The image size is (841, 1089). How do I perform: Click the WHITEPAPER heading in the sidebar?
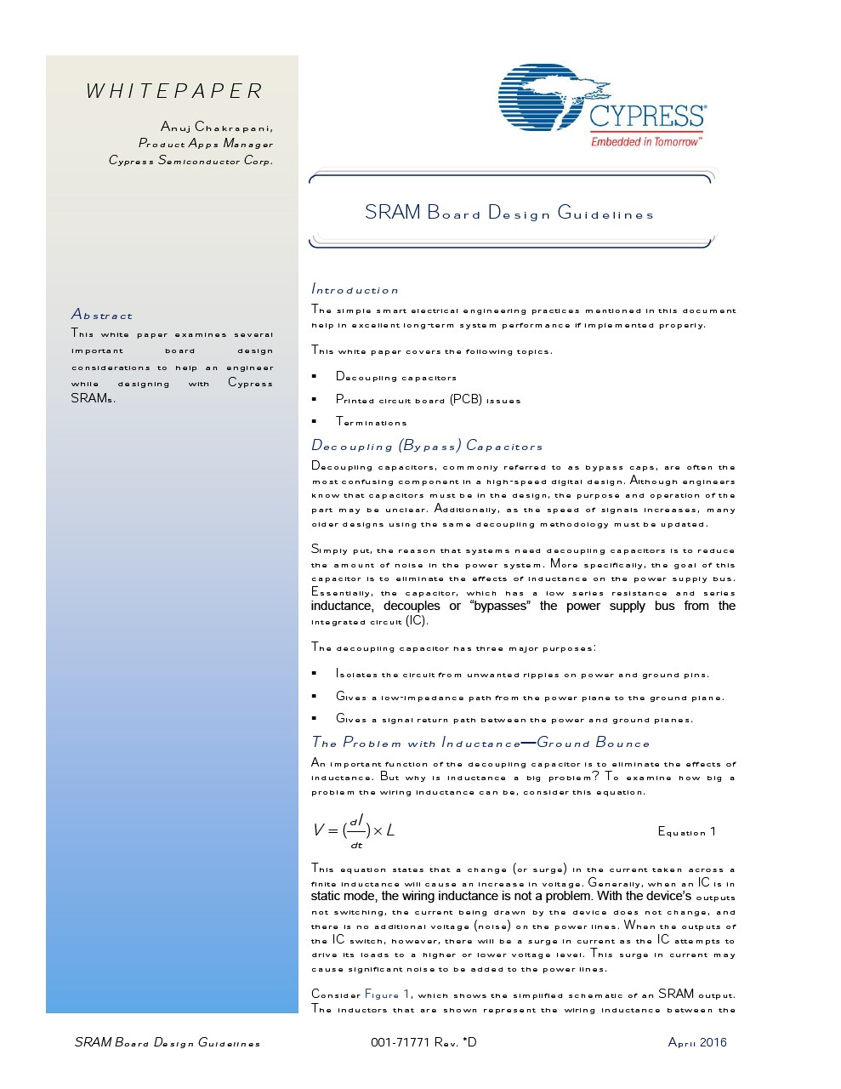174,91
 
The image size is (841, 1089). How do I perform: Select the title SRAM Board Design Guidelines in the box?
509,213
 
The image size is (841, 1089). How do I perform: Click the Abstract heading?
102,315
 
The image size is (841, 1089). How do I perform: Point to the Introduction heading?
355,289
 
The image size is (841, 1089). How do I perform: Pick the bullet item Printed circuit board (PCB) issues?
428,400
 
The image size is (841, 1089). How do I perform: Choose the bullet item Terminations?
372,422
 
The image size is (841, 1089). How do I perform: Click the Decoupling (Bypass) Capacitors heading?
427,446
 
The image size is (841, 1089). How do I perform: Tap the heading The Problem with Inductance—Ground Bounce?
480,743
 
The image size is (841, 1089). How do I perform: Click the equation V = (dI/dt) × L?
354,830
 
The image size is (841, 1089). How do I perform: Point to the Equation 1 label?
686,831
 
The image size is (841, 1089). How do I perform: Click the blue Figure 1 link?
388,994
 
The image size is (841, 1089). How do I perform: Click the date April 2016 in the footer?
697,1042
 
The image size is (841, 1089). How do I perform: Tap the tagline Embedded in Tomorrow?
646,141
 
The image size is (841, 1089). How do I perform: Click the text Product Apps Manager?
206,144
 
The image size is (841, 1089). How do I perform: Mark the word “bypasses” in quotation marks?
500,606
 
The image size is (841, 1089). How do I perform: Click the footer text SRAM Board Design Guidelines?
168,1042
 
